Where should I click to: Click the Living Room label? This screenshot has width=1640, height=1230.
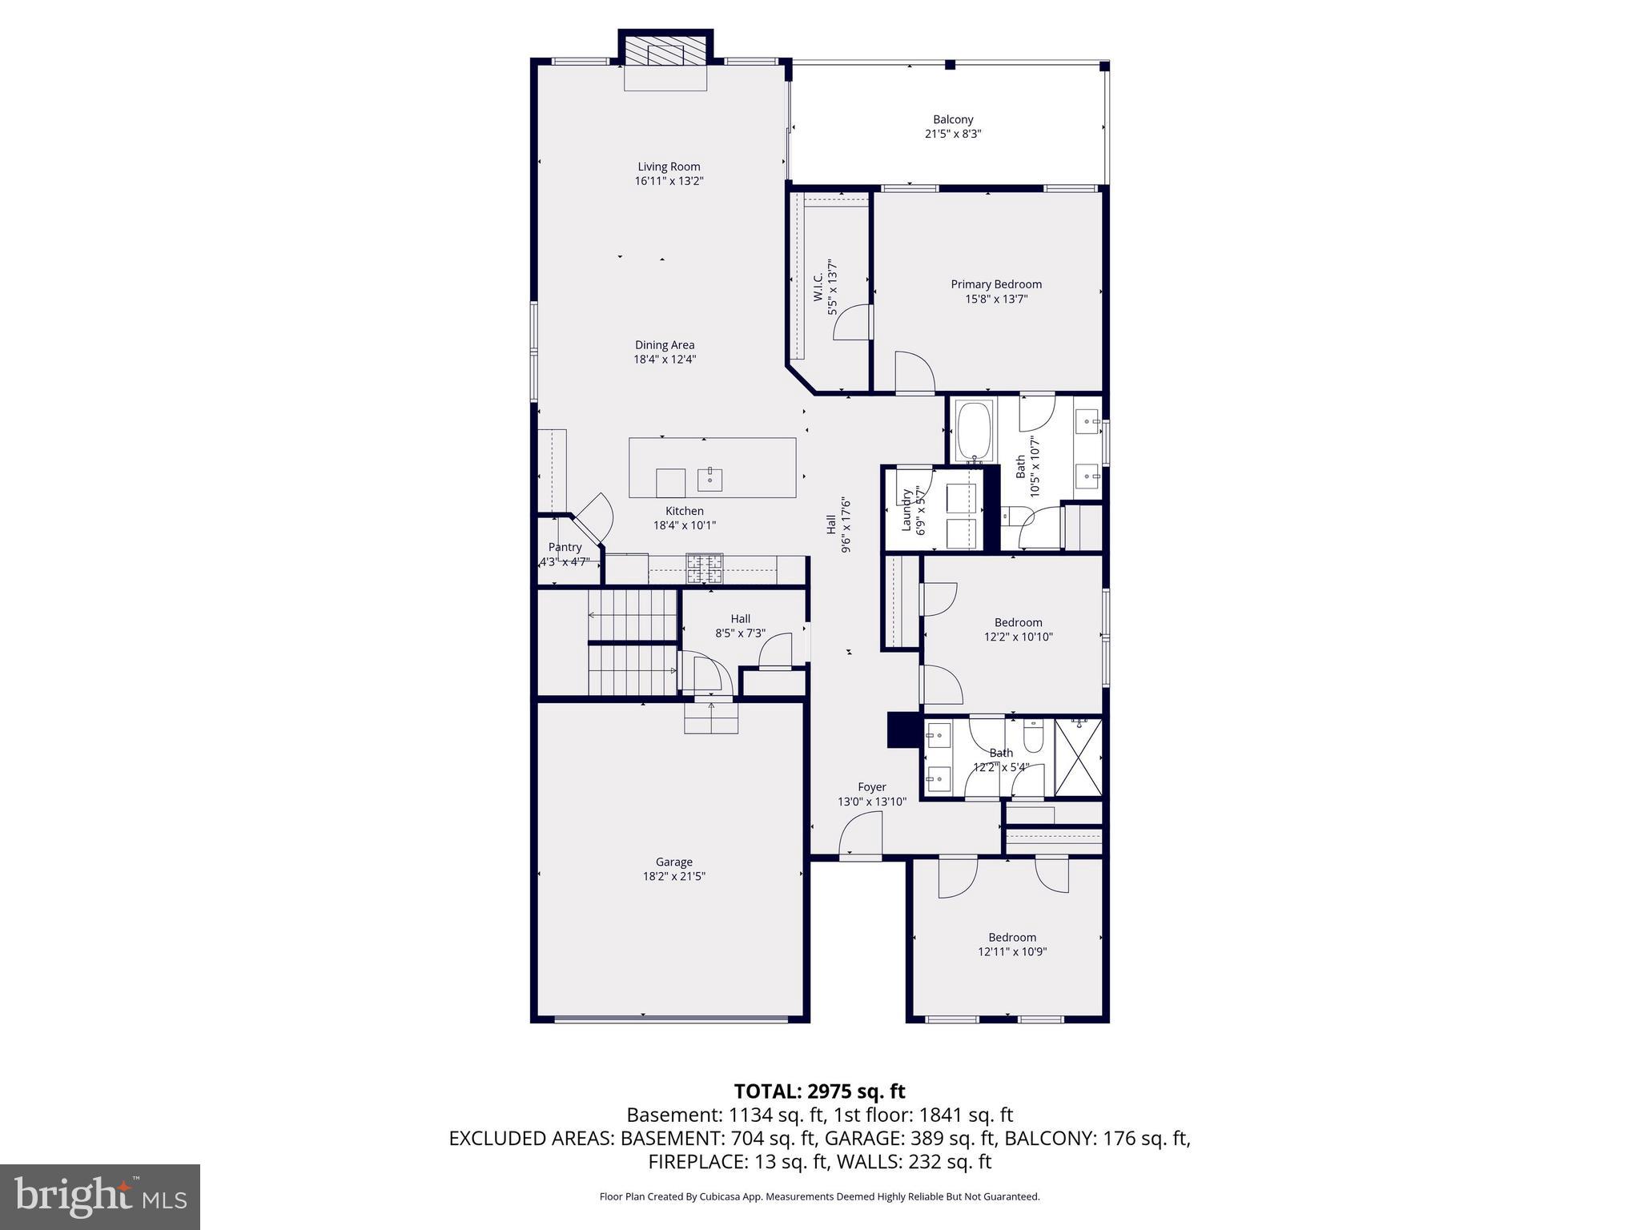click(x=669, y=167)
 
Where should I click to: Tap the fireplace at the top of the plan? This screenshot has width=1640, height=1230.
click(x=665, y=54)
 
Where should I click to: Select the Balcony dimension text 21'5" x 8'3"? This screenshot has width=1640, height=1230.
click(x=953, y=135)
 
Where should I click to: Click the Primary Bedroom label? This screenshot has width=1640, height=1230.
click(x=996, y=284)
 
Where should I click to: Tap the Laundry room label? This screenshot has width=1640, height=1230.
click(x=907, y=510)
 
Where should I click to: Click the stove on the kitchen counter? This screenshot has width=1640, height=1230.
click(x=704, y=569)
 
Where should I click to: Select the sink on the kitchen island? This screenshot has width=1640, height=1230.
click(x=710, y=480)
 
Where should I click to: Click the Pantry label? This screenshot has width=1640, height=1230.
click(x=565, y=548)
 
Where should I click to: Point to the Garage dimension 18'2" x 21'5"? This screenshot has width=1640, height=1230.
click(x=674, y=876)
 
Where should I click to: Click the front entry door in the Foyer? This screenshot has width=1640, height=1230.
click(x=860, y=836)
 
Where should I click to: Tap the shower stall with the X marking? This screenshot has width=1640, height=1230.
click(x=1079, y=758)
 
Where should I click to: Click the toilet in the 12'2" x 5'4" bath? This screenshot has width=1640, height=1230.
click(x=1032, y=736)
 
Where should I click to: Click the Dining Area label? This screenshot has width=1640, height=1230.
click(x=665, y=345)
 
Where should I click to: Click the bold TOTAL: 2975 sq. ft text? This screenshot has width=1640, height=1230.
click(x=819, y=1091)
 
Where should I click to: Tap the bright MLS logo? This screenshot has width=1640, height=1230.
click(x=100, y=1196)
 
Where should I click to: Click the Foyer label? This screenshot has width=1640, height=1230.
click(x=872, y=787)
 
